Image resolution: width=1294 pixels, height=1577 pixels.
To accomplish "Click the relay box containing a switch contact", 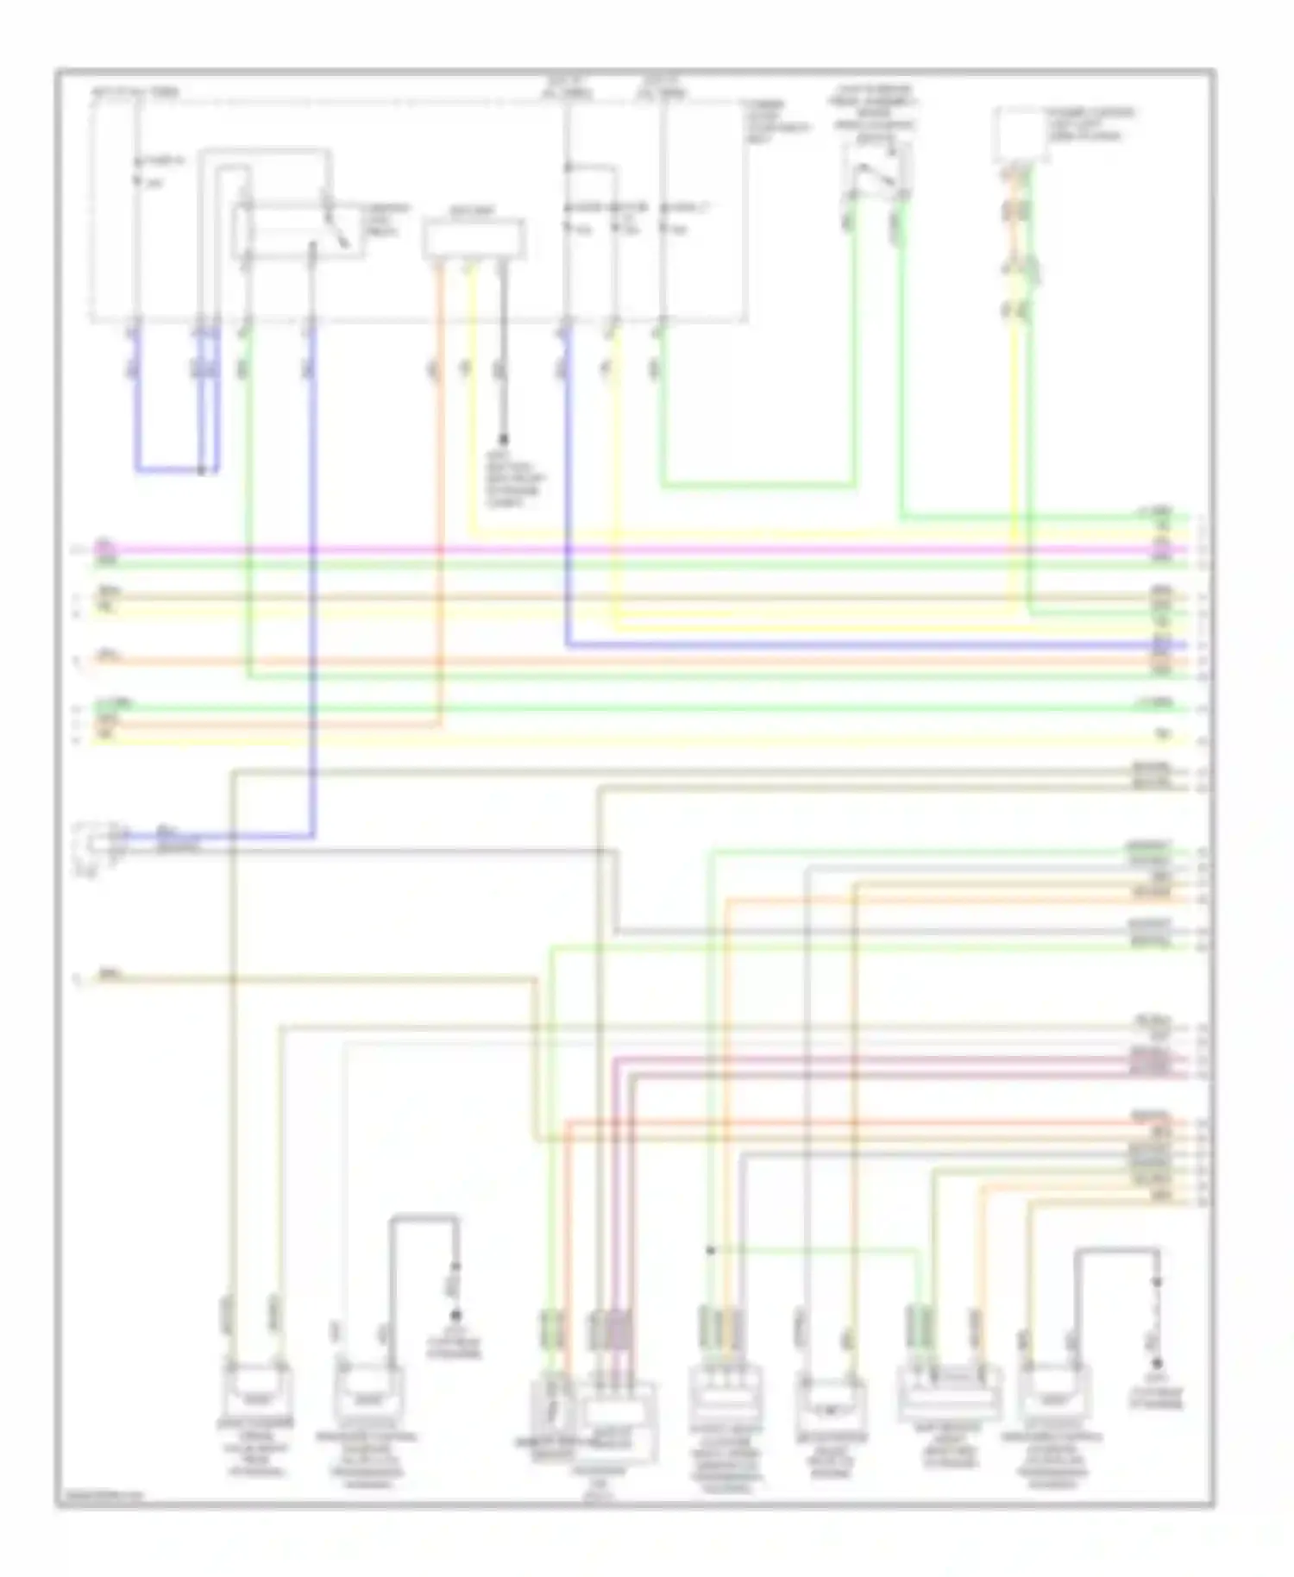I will [298, 230].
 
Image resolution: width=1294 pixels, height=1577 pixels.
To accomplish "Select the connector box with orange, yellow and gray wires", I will [474, 239].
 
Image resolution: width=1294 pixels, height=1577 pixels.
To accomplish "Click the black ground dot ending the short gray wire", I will [504, 440].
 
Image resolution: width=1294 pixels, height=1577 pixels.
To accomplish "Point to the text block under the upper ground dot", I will [515, 480].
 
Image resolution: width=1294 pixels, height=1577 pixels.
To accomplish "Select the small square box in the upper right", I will [1019, 135].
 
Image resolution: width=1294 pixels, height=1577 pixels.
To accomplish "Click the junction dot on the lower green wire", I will [710, 1250].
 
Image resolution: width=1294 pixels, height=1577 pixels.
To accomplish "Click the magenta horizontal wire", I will [604, 549].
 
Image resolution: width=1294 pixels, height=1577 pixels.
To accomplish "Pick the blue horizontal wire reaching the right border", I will [863, 644].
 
